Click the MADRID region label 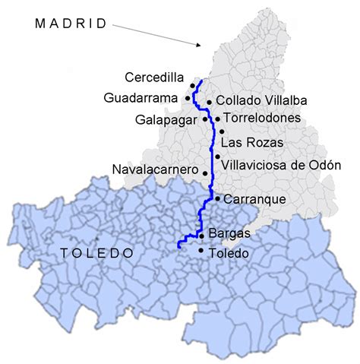tap(71, 24)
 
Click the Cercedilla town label tap(156, 76)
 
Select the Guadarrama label tap(142, 97)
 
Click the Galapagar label tap(168, 119)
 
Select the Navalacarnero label tap(155, 169)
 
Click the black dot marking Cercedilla tap(193, 86)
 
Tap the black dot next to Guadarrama tap(188, 98)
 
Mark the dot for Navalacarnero tap(204, 172)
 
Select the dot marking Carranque tap(218, 199)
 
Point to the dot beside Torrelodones tap(218, 119)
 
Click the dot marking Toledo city tap(201, 250)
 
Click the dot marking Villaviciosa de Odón tap(217, 157)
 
